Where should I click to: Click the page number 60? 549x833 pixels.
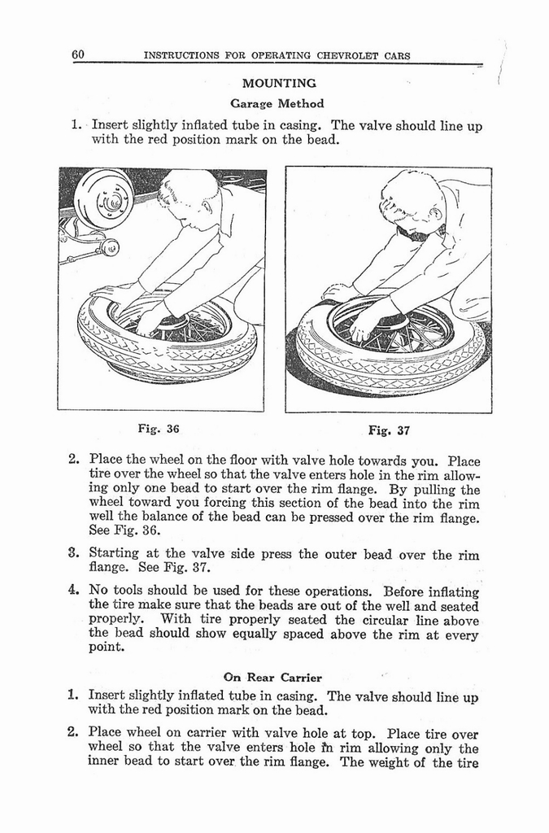pos(78,55)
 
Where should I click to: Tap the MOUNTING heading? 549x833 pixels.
pos(279,83)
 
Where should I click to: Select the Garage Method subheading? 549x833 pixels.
pos(277,103)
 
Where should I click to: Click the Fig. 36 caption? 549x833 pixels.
pos(159,429)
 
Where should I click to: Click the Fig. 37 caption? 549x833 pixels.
pos(389,430)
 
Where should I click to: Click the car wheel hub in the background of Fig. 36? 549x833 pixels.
pos(103,198)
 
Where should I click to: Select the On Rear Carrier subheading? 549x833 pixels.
pos(272,677)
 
